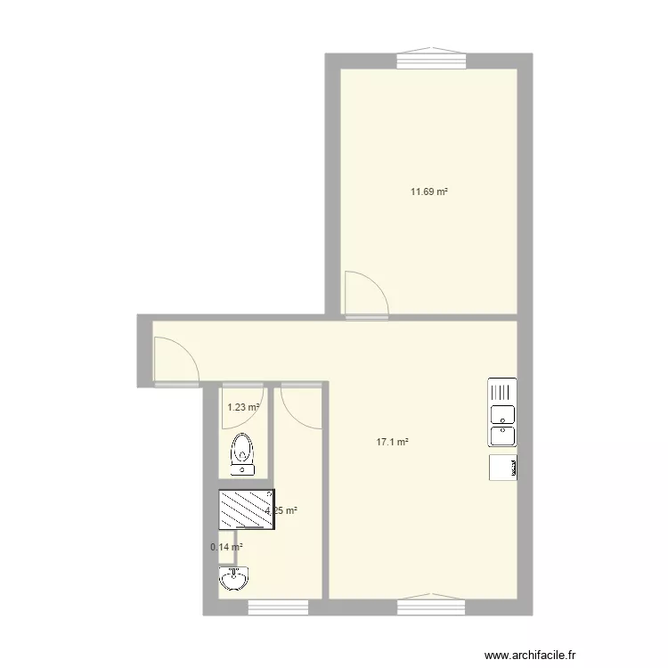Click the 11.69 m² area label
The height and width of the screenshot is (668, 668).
[x=428, y=191]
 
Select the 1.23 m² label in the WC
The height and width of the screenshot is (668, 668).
[x=242, y=408]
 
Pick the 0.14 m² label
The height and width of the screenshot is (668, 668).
[x=226, y=548]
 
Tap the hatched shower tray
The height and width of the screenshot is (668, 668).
[x=247, y=509]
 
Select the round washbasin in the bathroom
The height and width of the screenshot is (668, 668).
[x=233, y=580]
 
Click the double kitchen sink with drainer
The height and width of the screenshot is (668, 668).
[x=501, y=412]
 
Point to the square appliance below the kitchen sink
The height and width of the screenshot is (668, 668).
[x=502, y=468]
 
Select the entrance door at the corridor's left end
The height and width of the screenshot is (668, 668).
[x=175, y=361]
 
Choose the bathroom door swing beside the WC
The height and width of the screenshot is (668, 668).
[x=300, y=406]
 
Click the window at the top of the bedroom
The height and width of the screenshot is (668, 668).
[x=431, y=59]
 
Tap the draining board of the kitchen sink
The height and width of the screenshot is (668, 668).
[x=501, y=391]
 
